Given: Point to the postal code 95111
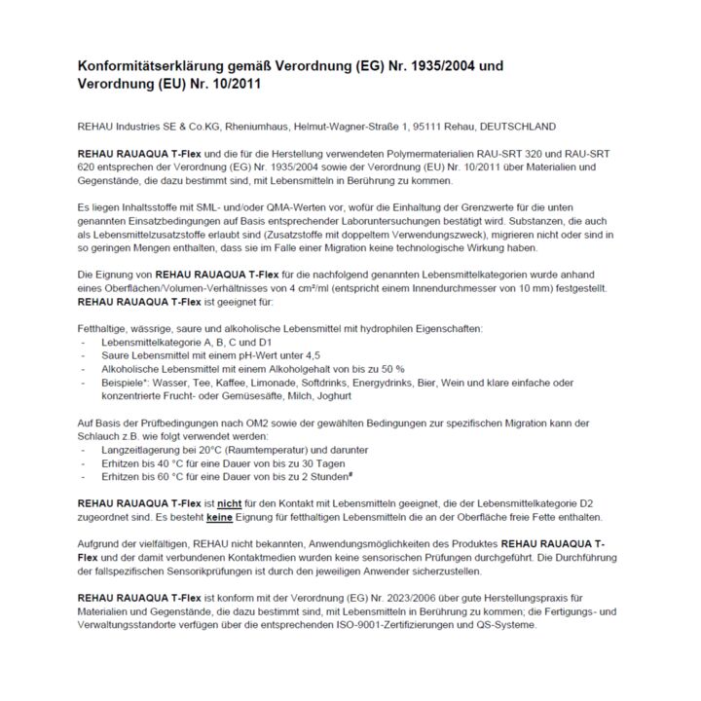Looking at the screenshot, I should pos(421,127).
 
